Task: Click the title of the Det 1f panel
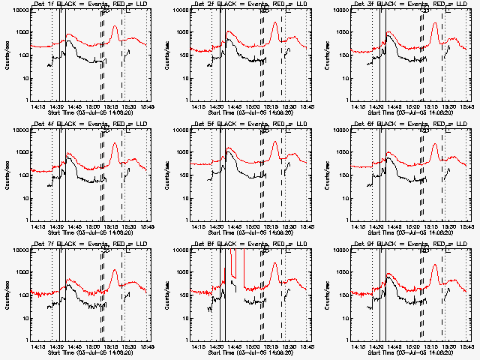[91, 6]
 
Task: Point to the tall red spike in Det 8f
[234, 264]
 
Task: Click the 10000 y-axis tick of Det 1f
[17, 10]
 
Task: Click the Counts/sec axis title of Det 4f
[6, 173]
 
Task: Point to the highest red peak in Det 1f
[115, 26]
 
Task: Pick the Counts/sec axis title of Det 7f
[6, 293]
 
